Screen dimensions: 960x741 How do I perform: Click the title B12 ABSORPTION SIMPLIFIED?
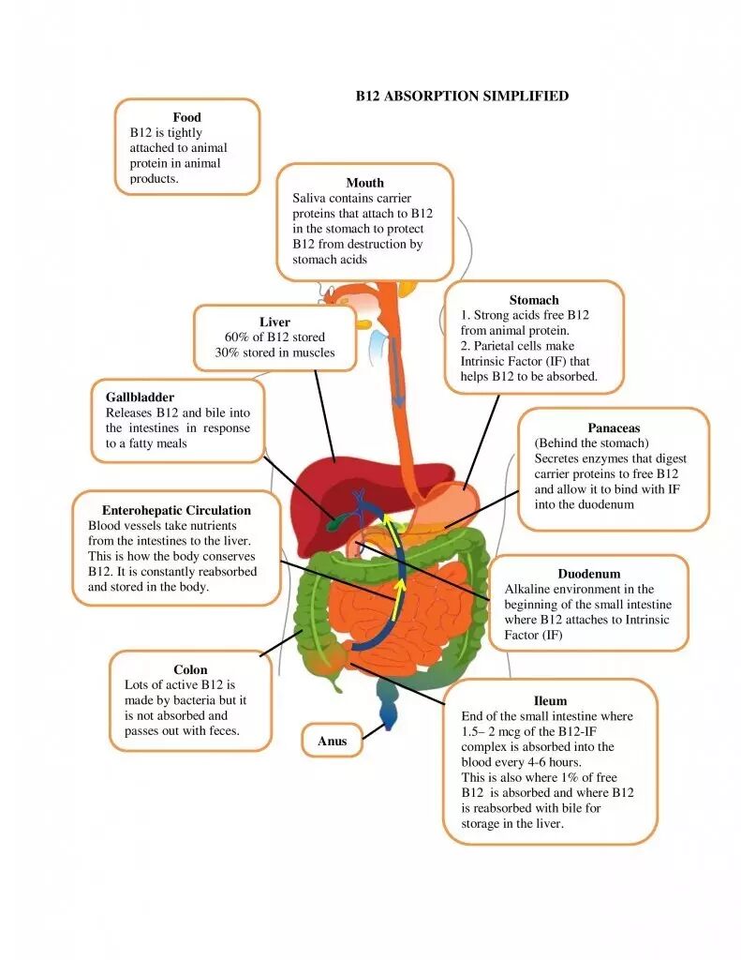point(462,96)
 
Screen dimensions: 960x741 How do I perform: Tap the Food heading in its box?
point(186,117)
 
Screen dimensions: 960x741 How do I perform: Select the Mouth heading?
point(364,183)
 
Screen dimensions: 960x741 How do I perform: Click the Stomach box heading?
point(533,300)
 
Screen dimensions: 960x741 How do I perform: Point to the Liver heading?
point(274,322)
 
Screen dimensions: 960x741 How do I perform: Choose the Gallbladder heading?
point(140,397)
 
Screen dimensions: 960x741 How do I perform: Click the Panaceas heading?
point(614,427)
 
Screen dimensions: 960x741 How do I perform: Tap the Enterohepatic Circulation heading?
point(176,510)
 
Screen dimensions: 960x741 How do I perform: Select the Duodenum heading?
point(588,573)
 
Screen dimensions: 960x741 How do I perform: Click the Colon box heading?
point(190,669)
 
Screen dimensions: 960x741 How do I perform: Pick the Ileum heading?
point(549,700)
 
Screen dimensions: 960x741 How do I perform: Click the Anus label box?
point(332,741)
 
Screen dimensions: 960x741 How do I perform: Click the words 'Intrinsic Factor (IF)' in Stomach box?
point(529,361)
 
